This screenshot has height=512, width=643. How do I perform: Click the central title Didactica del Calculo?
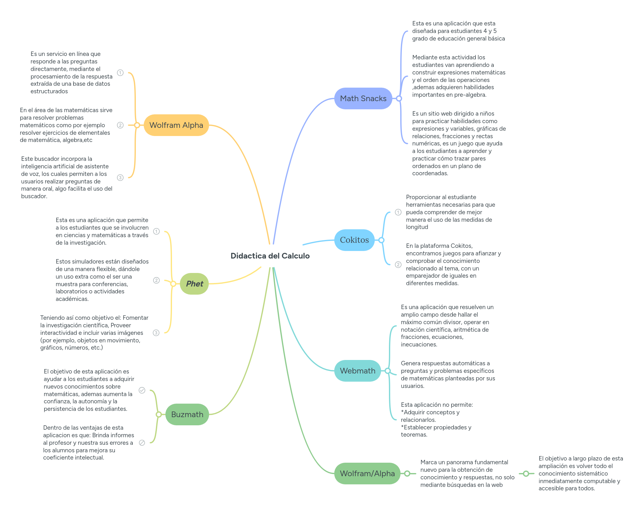pyautogui.click(x=270, y=256)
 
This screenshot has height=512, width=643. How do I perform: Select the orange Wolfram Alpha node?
pyautogui.click(x=176, y=125)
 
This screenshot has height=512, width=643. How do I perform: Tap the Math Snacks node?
pyautogui.click(x=363, y=98)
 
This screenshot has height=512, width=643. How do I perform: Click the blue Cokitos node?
pyautogui.click(x=354, y=240)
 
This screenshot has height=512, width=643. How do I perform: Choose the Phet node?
pyautogui.click(x=194, y=284)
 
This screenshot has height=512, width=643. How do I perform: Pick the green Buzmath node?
pyautogui.click(x=187, y=414)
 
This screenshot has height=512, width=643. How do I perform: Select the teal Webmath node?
pyautogui.click(x=357, y=371)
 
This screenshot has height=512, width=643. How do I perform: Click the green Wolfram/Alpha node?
pyautogui.click(x=367, y=473)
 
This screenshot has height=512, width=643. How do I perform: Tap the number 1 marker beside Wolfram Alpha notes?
pyautogui.click(x=120, y=73)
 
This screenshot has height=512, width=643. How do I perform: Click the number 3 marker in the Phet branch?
pyautogui.click(x=156, y=333)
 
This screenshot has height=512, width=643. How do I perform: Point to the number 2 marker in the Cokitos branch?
pyautogui.click(x=398, y=264)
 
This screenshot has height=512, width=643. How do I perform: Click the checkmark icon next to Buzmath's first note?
pyautogui.click(x=142, y=390)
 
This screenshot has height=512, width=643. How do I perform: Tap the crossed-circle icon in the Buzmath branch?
pyautogui.click(x=142, y=443)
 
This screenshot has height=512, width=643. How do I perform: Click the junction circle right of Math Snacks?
pyautogui.click(x=399, y=98)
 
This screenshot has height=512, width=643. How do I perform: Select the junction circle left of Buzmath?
pyautogui.click(x=159, y=414)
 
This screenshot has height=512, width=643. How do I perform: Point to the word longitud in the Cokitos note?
pyautogui.click(x=417, y=227)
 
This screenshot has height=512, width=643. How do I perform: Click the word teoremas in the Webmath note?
pyautogui.click(x=413, y=434)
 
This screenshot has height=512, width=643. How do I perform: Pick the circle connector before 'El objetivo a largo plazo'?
pyautogui.click(x=526, y=473)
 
